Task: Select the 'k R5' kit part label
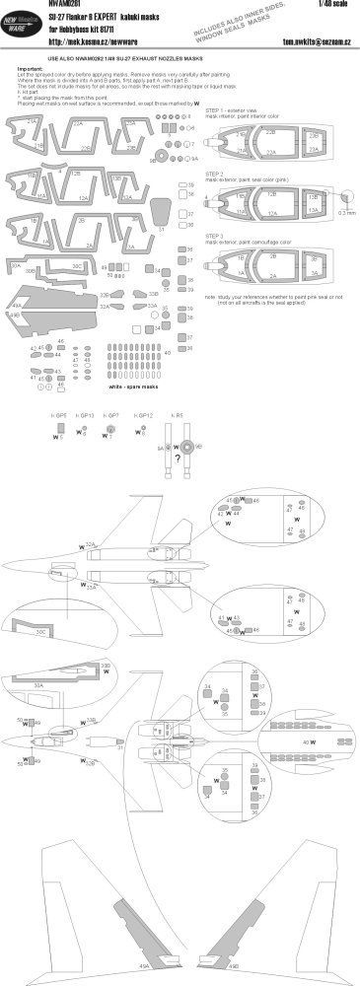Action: pyautogui.click(x=178, y=415)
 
